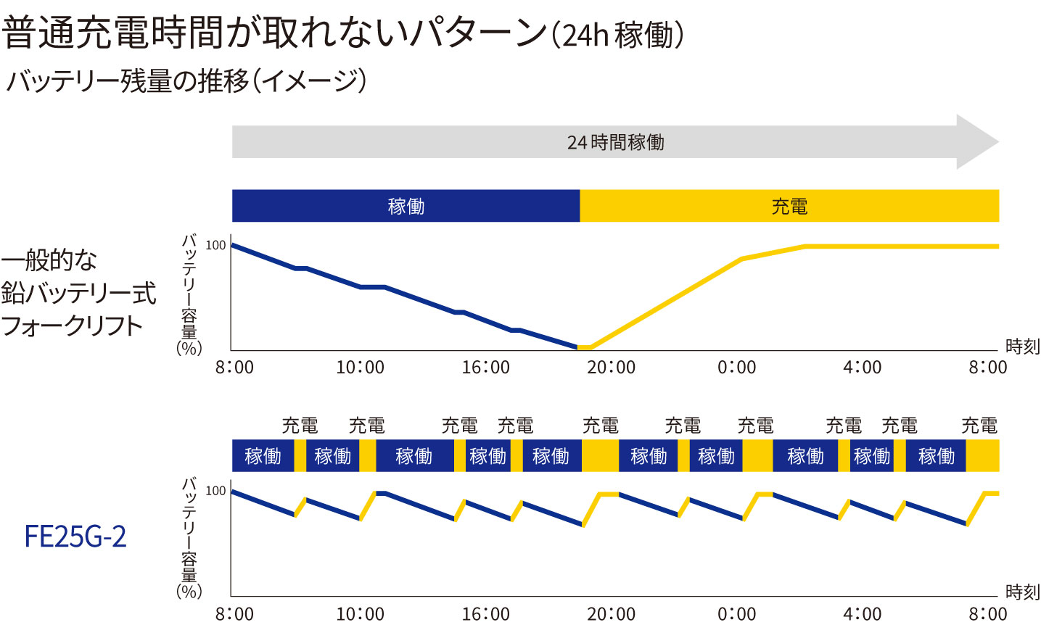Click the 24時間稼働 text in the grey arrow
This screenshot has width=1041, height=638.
click(615, 142)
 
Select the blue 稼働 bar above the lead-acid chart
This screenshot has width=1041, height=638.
click(406, 206)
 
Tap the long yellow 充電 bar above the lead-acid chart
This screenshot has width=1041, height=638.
click(789, 206)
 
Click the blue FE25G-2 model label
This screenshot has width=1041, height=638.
click(75, 536)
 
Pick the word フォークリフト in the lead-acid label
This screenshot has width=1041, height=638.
click(72, 326)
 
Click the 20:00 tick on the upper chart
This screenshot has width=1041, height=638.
click(611, 368)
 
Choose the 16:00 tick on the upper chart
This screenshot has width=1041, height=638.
click(485, 368)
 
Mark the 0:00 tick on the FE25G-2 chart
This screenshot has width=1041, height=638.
click(736, 614)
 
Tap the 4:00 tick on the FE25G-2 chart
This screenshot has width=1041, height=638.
click(862, 614)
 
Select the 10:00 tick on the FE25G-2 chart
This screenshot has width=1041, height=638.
click(360, 614)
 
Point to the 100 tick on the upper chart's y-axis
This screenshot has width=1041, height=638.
click(215, 246)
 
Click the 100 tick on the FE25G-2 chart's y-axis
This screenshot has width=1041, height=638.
click(215, 492)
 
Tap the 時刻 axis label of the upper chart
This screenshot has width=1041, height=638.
click(1022, 347)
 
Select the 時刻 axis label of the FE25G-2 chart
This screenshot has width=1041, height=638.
click(1022, 592)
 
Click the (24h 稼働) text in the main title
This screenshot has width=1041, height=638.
click(617, 34)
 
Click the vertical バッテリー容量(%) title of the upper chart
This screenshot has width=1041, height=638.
click(189, 294)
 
